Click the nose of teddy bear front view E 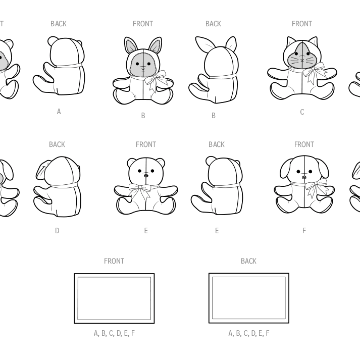[x=146, y=176]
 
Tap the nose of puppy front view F [x=304, y=177]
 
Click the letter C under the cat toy [x=302, y=112]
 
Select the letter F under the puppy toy [x=304, y=231]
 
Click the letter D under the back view [x=57, y=231]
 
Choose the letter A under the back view [x=59, y=112]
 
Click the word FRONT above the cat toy [x=302, y=24]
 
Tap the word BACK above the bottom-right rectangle [x=248, y=261]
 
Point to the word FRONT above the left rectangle [x=114, y=261]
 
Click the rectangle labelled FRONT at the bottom [x=114, y=274]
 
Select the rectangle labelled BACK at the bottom [x=248, y=274]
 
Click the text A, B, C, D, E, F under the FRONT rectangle [x=114, y=333]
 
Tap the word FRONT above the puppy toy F [x=304, y=144]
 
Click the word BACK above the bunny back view [x=213, y=24]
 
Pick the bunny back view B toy [x=214, y=70]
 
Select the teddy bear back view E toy [x=217, y=185]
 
